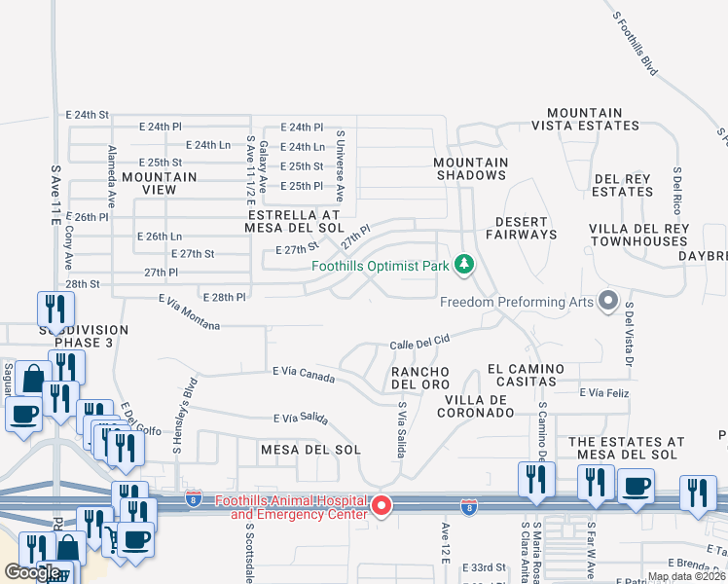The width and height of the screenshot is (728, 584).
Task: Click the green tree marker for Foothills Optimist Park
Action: (464, 264)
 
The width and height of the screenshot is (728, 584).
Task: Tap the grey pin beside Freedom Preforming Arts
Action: (609, 301)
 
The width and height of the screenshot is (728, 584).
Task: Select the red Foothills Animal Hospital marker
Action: (382, 505)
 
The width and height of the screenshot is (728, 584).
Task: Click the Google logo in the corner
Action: (32, 572)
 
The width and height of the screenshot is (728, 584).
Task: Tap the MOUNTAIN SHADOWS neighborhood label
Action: (470, 168)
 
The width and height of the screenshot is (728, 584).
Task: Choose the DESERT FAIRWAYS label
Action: (526, 228)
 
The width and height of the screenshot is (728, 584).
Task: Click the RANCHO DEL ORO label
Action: (419, 378)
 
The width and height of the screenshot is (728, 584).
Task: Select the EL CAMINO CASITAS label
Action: (526, 375)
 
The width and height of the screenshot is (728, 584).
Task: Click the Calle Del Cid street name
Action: (419, 344)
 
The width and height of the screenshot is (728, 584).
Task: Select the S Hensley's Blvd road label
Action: (178, 416)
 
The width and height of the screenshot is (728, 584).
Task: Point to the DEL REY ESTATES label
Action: (623, 185)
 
